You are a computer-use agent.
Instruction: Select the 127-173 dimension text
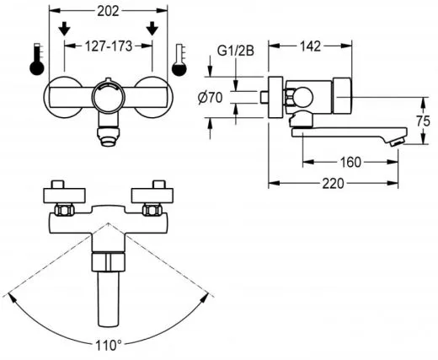click(108, 48)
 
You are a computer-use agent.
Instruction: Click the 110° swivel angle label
click(107, 346)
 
